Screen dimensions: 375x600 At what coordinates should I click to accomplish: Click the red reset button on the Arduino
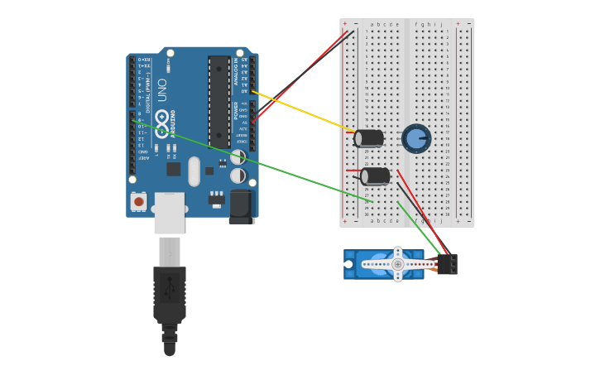(138, 201)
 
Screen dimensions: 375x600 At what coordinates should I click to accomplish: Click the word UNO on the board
(161, 88)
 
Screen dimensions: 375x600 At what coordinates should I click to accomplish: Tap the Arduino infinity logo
(161, 118)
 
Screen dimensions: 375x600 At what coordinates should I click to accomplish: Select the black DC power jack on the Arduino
(240, 206)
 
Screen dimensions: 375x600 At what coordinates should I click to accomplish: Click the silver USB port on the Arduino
(169, 212)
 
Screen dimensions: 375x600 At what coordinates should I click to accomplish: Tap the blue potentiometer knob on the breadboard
(416, 139)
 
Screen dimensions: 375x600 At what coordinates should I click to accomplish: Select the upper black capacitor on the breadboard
(369, 138)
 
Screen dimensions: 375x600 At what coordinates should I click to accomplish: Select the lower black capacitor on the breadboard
(375, 175)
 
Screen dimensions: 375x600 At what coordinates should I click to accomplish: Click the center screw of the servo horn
(397, 264)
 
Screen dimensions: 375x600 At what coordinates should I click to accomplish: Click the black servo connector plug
(447, 264)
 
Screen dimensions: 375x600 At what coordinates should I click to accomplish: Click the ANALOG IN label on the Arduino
(236, 72)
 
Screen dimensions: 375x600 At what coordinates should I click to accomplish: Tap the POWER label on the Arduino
(236, 110)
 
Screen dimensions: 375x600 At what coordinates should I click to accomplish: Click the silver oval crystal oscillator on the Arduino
(194, 171)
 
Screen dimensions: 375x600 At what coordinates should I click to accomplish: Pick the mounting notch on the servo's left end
(348, 264)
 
